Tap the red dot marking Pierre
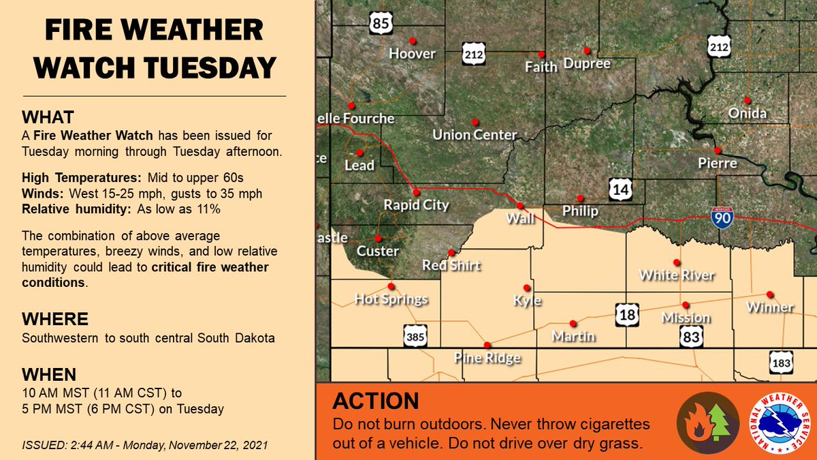tap(717, 150)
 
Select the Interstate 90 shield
tap(722, 218)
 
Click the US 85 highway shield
tap(381, 24)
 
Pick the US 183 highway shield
tap(781, 363)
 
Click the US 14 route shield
tap(621, 189)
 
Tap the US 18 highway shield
tap(627, 315)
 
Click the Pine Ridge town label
tap(487, 358)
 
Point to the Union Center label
tap(475, 135)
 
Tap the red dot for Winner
tap(769, 294)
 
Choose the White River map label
tap(677, 275)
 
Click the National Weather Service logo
tap(779, 423)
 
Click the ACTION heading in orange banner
tap(375, 401)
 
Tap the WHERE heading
tap(54, 320)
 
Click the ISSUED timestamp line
tap(144, 445)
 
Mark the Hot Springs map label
tap(391, 299)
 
